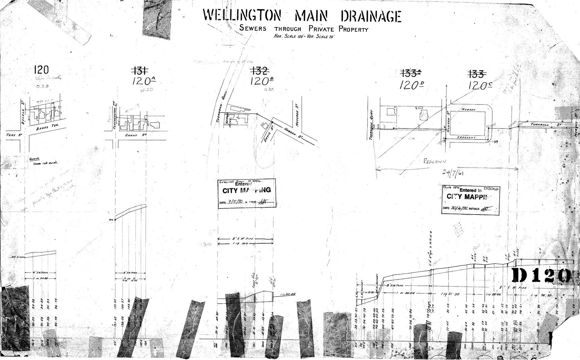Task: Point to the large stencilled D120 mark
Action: pyautogui.click(x=541, y=276)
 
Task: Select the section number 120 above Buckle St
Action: pyautogui.click(x=41, y=70)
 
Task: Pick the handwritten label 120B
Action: pyautogui.click(x=262, y=81)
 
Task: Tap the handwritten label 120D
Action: pyautogui.click(x=411, y=85)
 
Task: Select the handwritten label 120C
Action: pyautogui.click(x=479, y=85)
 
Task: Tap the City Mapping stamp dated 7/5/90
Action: pyautogui.click(x=247, y=193)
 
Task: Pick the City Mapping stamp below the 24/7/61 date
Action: pyautogui.click(x=470, y=199)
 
